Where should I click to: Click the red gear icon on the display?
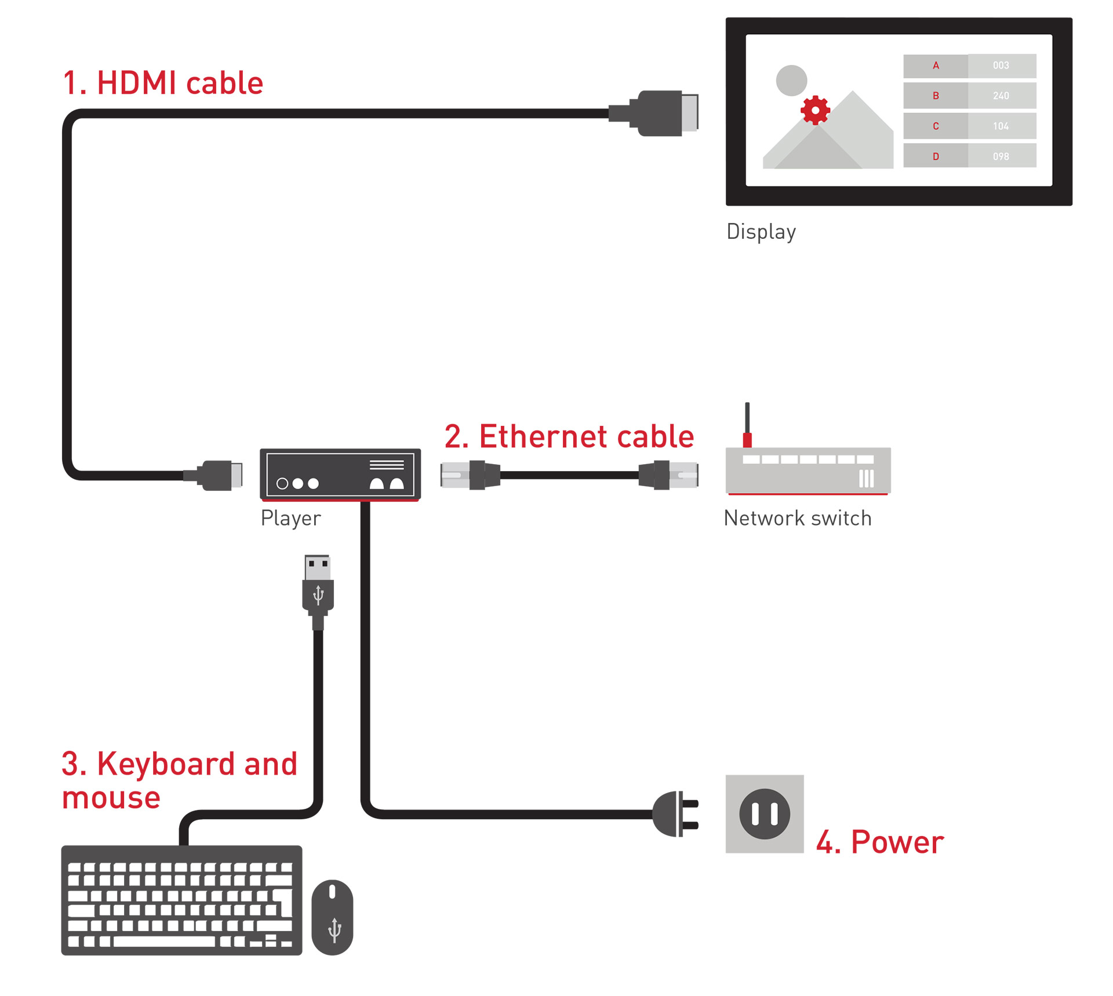[x=815, y=110]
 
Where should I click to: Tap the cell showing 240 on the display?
[x=1001, y=96]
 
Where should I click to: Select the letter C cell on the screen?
[x=935, y=126]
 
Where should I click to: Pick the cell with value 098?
[x=1001, y=156]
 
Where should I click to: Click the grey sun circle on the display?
[x=791, y=80]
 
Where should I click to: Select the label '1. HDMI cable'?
[x=163, y=83]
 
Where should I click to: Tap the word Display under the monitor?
[x=761, y=231]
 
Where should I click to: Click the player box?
[x=340, y=474]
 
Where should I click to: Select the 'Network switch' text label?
[x=798, y=518]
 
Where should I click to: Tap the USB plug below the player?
[x=318, y=588]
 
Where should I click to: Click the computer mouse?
[x=332, y=917]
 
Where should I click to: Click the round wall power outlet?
[x=764, y=814]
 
